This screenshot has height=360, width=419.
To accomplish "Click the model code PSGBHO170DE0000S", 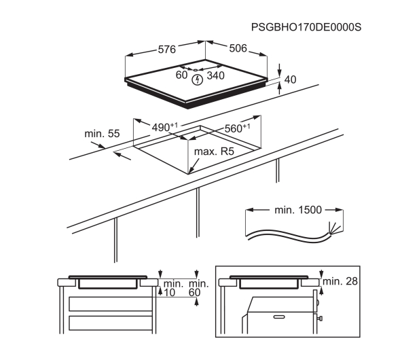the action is pyautogui.click(x=306, y=27).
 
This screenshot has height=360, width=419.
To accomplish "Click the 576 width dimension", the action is pyautogui.click(x=167, y=50).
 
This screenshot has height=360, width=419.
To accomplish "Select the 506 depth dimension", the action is pyautogui.click(x=238, y=48).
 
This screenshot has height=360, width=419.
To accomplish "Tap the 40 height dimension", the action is pyautogui.click(x=290, y=79).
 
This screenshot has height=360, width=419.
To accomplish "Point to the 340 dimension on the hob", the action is pyautogui.click(x=215, y=75).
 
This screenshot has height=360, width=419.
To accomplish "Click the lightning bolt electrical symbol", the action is pyautogui.click(x=198, y=79).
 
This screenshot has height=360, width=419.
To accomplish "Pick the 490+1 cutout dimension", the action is pyautogui.click(x=164, y=127).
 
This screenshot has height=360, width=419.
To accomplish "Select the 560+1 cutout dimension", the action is pyautogui.click(x=237, y=128).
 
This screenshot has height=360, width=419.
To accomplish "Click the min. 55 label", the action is pyautogui.click(x=102, y=134).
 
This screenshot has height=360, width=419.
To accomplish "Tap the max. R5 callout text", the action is pyautogui.click(x=214, y=151).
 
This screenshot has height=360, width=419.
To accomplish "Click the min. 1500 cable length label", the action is pyautogui.click(x=298, y=210).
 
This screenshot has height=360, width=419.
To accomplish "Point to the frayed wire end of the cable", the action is pyautogui.click(x=335, y=229).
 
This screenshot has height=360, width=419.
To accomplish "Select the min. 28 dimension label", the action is pyautogui.click(x=340, y=281).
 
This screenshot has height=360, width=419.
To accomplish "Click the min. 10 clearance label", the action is pyautogui.click(x=173, y=288).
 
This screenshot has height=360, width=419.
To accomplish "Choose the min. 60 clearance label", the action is pyautogui.click(x=198, y=288).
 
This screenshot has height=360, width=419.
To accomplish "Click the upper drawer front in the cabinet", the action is pyautogui.click(x=111, y=304).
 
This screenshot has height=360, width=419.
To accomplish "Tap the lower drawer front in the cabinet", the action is pyautogui.click(x=111, y=323).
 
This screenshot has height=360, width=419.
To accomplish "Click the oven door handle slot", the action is pyautogui.click(x=279, y=317).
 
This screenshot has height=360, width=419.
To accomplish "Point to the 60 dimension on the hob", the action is pyautogui.click(x=181, y=75).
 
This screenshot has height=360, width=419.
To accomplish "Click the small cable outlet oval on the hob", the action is pyautogui.click(x=196, y=70).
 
